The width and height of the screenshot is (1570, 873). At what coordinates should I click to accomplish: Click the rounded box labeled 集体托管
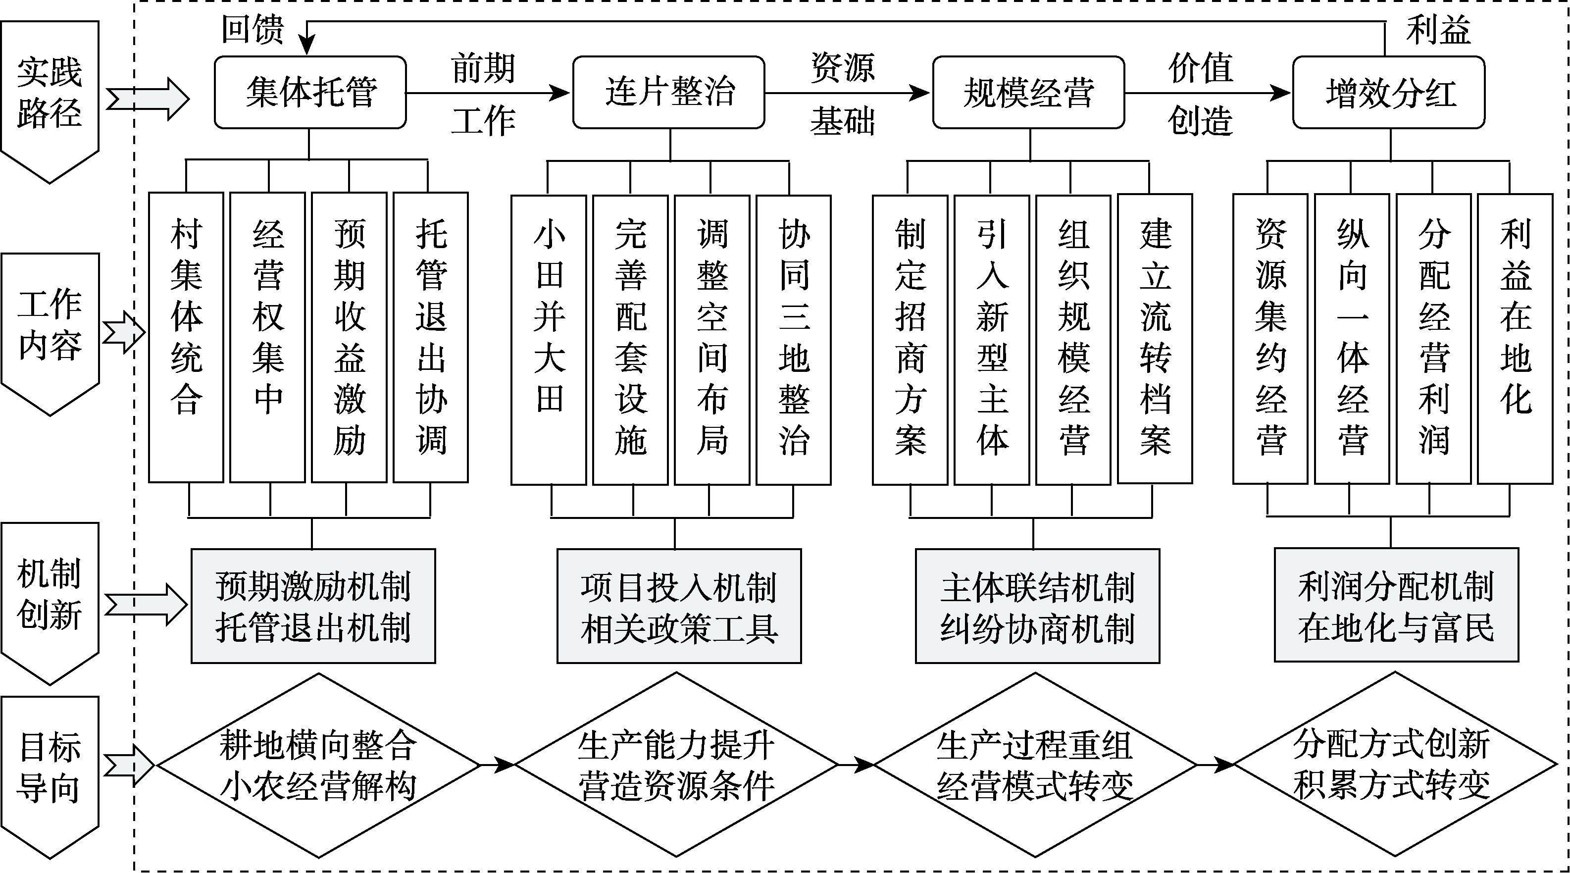[310, 93]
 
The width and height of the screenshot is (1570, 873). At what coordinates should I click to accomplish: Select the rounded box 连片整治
[668, 93]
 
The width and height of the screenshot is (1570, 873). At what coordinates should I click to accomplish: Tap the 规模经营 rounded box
[1028, 93]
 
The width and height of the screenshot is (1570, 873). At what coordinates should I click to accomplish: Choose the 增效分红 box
[1388, 93]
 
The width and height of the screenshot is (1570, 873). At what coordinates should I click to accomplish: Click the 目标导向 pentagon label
[50, 768]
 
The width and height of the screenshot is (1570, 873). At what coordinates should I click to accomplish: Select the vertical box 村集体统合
[186, 337]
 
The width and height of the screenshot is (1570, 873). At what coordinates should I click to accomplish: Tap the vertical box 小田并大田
[549, 340]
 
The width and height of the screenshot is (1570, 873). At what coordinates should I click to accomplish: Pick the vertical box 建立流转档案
[1155, 338]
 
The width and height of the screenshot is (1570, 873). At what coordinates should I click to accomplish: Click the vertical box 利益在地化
[1515, 338]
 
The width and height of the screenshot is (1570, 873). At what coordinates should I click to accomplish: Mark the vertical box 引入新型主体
[992, 340]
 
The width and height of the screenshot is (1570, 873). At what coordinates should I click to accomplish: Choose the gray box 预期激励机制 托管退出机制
[313, 606]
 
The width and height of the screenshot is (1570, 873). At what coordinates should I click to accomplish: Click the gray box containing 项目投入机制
[679, 606]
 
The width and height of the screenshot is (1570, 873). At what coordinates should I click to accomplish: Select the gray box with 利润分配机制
[1396, 606]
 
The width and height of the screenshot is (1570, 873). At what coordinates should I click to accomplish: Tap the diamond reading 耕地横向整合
[318, 765]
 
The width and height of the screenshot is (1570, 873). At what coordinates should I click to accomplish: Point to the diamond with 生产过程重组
[1034, 765]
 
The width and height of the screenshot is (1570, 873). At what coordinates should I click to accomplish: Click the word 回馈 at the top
[253, 29]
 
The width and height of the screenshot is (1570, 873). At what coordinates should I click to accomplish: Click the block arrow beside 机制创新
[146, 605]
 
